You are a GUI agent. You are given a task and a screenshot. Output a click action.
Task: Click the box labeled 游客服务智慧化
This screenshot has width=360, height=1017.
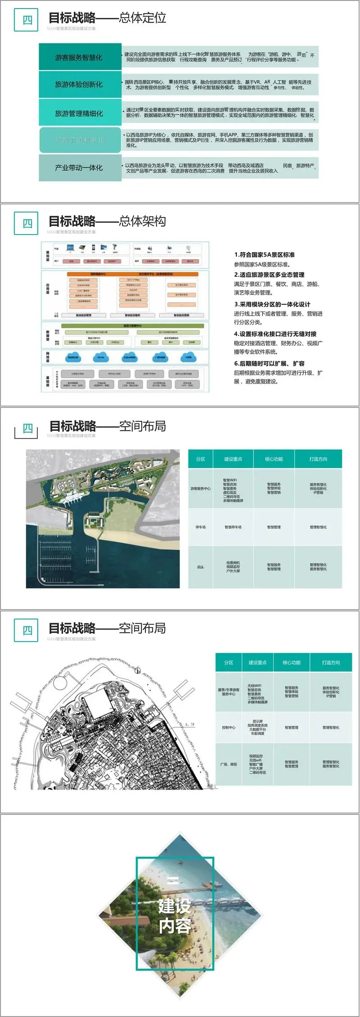(x=80, y=57)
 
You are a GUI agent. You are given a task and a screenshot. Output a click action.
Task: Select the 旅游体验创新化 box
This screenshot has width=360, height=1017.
(x=80, y=84)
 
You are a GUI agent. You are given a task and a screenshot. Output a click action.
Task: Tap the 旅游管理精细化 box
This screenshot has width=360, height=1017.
(x=80, y=113)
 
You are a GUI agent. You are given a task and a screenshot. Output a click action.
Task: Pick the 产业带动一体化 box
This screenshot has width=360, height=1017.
(x=80, y=167)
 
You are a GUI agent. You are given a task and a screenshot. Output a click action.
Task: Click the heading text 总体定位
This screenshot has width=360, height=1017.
(x=143, y=18)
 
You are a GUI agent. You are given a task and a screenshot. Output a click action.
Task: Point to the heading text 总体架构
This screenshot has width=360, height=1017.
(x=143, y=221)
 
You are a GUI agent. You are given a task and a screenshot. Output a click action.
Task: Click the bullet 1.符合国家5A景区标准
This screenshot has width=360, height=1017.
(x=264, y=255)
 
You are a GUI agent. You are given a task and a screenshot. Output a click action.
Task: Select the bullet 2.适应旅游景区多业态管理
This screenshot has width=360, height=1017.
(x=269, y=275)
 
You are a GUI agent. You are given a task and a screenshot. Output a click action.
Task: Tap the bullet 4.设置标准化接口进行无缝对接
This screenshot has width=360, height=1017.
(x=275, y=334)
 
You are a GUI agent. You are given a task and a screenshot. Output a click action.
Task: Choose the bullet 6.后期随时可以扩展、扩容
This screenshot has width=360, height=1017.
(x=269, y=363)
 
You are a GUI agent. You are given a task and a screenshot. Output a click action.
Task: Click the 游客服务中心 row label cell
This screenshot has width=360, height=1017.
(x=200, y=488)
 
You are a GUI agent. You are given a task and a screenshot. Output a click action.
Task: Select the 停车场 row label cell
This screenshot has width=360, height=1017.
(x=200, y=527)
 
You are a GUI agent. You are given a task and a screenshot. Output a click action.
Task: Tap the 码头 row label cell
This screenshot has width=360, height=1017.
(x=200, y=567)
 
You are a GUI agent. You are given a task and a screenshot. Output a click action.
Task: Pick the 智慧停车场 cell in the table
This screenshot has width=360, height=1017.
(x=233, y=527)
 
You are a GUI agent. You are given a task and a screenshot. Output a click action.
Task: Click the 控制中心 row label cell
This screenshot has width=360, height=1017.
(x=229, y=727)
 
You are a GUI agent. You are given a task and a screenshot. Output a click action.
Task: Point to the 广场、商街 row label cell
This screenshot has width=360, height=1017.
(x=229, y=764)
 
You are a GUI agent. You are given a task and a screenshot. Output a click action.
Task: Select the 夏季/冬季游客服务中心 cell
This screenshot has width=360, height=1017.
(x=229, y=692)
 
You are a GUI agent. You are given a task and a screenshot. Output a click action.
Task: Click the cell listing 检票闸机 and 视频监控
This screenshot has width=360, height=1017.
(x=233, y=567)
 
